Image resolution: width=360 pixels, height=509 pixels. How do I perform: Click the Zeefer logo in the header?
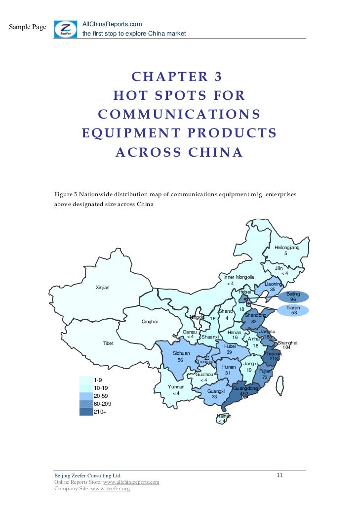65,29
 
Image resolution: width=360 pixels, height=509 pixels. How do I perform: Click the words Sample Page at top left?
28,27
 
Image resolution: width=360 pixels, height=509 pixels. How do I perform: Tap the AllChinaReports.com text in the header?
112,24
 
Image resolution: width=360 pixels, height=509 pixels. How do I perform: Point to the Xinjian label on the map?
102,288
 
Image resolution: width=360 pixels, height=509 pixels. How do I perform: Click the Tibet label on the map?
108,343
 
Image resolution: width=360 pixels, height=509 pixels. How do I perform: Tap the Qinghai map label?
149,322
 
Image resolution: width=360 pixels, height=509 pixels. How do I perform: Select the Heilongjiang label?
287,247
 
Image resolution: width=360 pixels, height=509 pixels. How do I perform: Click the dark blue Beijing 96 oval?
293,297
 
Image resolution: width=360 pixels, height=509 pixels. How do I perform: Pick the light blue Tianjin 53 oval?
293,310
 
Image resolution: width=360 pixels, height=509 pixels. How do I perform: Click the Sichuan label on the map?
181,353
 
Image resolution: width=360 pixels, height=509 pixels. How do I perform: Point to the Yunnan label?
176,386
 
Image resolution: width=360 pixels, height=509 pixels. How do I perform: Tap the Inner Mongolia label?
239,277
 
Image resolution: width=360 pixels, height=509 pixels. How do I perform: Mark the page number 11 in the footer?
280,475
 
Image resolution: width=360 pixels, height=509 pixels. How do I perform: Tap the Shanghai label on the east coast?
287,342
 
